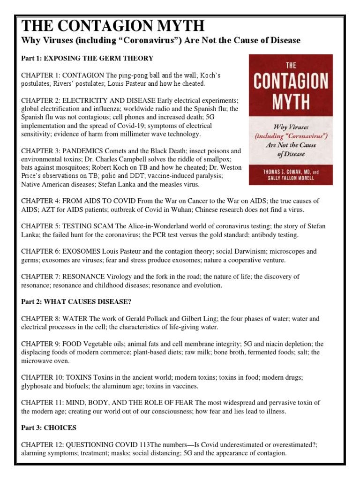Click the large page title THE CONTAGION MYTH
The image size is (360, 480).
pos(113,26)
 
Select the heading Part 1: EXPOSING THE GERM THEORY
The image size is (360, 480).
pos(87,58)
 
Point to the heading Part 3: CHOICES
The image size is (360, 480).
pos(49,427)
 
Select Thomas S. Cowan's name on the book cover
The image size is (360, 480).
pos(286,172)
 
